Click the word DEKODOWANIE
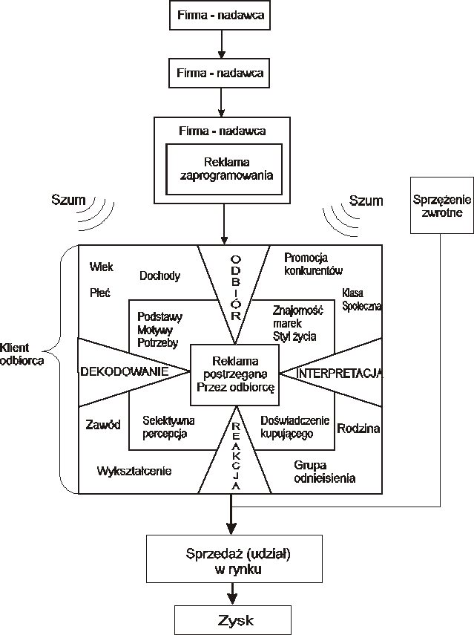123,370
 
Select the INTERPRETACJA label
339,373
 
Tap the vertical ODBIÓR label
234,286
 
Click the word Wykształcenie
134,471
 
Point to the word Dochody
159,276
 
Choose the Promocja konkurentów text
314,264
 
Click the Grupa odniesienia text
324,472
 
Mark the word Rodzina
358,429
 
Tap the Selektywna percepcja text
165,426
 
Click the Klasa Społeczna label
361,299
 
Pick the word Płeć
99,293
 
